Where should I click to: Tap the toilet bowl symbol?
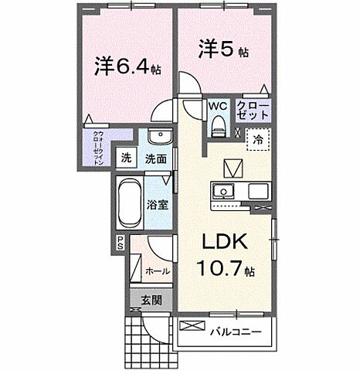click(217, 124)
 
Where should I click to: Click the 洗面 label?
click(156, 159)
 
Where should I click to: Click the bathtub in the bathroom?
click(130, 203)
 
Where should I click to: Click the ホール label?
click(157, 271)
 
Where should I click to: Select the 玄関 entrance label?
click(151, 301)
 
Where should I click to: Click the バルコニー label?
click(235, 332)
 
